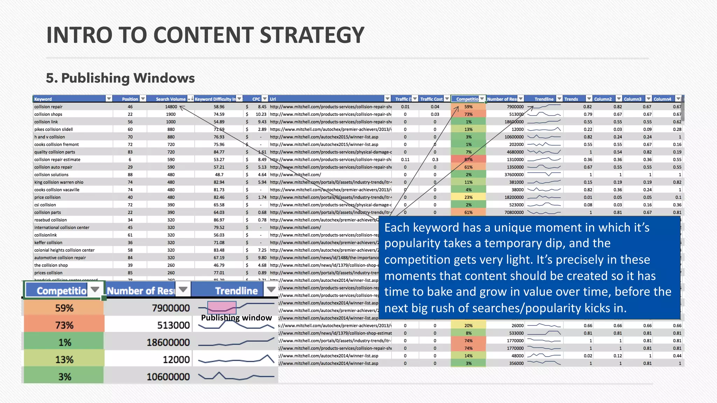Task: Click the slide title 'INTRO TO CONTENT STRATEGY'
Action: [x=205, y=35]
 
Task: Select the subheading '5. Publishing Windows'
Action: [x=120, y=78]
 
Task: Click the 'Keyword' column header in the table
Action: [x=43, y=99]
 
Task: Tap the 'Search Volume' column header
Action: [x=170, y=99]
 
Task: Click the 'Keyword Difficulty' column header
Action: [x=215, y=99]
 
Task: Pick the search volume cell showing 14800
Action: [x=171, y=107]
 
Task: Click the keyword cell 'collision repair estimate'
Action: [x=57, y=160]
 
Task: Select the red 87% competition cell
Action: [x=468, y=160]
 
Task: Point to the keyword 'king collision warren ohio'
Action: [x=59, y=182]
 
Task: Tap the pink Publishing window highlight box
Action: [x=222, y=307]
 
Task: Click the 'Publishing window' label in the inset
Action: [x=236, y=318]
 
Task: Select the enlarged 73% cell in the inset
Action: [x=64, y=325]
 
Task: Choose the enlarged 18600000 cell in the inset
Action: [x=168, y=342]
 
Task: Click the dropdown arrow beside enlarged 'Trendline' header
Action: [x=271, y=290]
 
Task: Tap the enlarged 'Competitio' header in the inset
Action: [x=62, y=291]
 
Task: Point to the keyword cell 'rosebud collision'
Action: [x=50, y=220]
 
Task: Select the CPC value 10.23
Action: [x=261, y=114]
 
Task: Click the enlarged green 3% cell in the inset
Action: [x=64, y=377]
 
